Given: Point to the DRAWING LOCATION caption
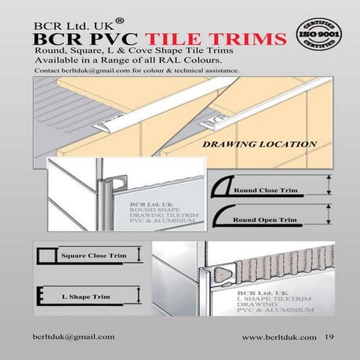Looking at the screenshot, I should click(248, 144).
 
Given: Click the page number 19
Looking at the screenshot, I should click(329, 336).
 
